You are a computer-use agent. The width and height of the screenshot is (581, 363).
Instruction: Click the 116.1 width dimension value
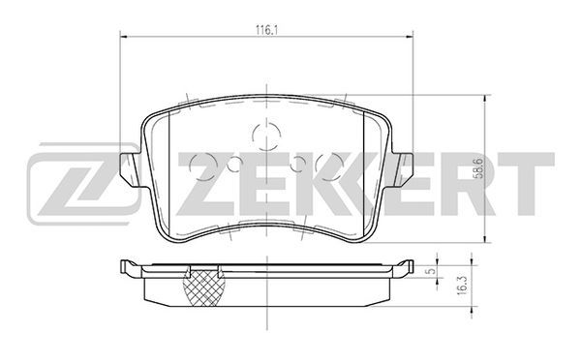click(267, 30)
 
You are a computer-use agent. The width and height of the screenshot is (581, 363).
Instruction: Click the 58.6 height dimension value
click(479, 168)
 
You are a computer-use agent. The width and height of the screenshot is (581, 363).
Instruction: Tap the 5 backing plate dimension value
click(430, 271)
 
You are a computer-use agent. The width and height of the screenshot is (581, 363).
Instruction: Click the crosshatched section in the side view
click(204, 287)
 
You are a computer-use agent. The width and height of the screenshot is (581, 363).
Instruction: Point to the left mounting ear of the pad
click(130, 168)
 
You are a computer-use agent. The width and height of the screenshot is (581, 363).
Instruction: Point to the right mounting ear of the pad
click(403, 168)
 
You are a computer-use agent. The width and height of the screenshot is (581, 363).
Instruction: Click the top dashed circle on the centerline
click(266, 136)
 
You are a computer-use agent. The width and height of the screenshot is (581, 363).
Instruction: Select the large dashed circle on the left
click(203, 166)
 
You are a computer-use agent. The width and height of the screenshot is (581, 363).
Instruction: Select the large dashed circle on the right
click(329, 166)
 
